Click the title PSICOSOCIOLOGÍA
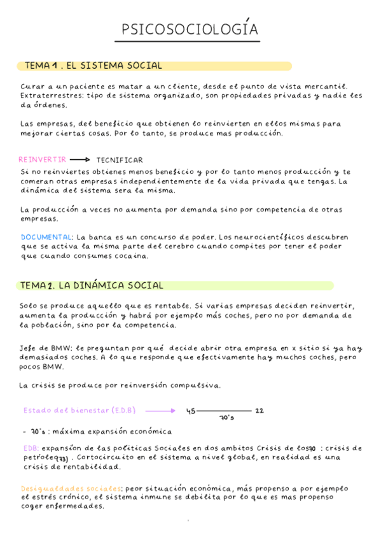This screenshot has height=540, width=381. (x=190, y=30)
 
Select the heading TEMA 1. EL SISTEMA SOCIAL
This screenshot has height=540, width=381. (x=93, y=66)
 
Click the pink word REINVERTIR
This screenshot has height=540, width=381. (x=42, y=160)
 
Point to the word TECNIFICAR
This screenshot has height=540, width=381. (x=120, y=160)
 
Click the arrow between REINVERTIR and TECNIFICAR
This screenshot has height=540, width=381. (x=80, y=160)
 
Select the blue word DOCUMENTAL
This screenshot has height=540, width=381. (x=46, y=236)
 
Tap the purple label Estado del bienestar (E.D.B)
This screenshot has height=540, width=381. (x=79, y=410)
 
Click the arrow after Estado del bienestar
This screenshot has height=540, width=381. (x=160, y=411)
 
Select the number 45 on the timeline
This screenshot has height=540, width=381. (x=190, y=411)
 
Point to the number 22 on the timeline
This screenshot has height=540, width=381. (x=259, y=411)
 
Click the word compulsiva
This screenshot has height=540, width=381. (x=198, y=385)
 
